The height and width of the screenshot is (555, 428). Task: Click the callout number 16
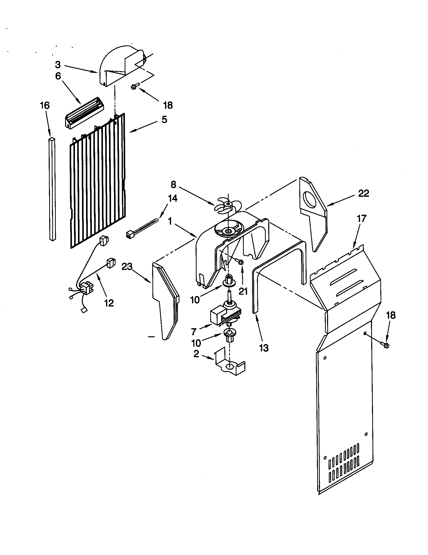(x=45, y=106)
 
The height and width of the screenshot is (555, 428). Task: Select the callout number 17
(x=361, y=218)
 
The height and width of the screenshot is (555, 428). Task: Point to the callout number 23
(x=127, y=267)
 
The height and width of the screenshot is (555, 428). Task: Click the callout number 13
(x=264, y=348)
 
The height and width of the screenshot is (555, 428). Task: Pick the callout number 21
(x=243, y=291)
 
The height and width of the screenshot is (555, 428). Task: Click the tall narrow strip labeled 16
(x=52, y=189)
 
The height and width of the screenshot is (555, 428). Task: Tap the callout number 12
(x=109, y=303)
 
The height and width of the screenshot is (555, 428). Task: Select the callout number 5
(x=165, y=119)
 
